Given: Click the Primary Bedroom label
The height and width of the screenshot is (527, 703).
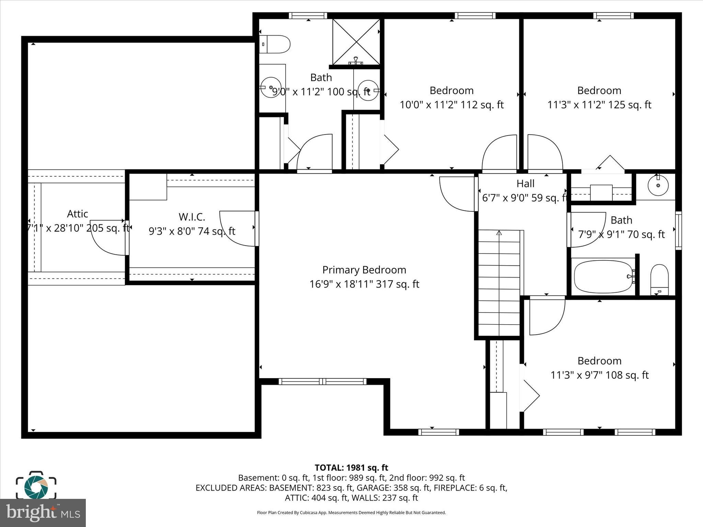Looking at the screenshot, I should pyautogui.click(x=364, y=270).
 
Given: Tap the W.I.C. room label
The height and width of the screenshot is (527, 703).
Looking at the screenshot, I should pyautogui.click(x=192, y=217).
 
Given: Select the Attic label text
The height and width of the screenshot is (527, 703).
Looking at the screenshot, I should pyautogui.click(x=78, y=214).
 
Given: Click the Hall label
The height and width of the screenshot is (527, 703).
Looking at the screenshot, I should pyautogui.click(x=525, y=184).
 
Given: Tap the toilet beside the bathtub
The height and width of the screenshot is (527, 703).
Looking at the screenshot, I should pyautogui.click(x=659, y=280).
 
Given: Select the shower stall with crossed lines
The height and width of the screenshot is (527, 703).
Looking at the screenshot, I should pyautogui.click(x=356, y=42).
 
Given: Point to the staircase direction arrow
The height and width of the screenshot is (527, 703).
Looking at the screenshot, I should pyautogui.click(x=499, y=233).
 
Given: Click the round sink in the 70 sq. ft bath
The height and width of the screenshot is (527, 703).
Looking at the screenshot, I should pyautogui.click(x=658, y=186).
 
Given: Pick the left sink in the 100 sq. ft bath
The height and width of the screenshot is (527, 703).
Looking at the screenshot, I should pyautogui.click(x=270, y=87).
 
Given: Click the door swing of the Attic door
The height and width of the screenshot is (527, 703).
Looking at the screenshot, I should pyautogui.click(x=107, y=238).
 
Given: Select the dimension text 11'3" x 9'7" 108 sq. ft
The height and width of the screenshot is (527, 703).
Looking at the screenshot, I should pyautogui.click(x=599, y=375).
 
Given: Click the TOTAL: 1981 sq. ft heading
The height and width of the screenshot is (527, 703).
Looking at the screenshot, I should pyautogui.click(x=351, y=468).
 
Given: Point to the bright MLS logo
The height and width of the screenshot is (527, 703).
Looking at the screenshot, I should pyautogui.click(x=43, y=513).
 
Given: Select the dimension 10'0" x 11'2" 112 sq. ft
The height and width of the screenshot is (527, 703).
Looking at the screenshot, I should pyautogui.click(x=451, y=105).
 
